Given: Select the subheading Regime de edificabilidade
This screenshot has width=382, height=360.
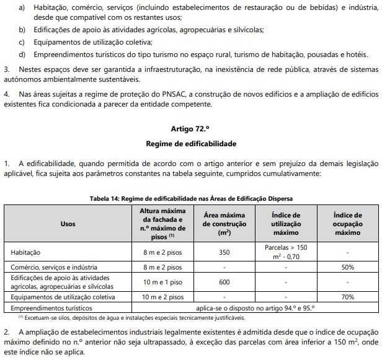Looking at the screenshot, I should click(190, 144).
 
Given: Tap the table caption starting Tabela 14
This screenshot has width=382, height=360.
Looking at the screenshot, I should click(190, 198).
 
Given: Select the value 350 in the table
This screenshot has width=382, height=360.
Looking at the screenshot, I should click(224, 252).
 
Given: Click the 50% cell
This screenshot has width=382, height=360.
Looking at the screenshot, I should click(347, 267).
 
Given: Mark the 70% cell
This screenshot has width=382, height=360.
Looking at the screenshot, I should click(347, 297).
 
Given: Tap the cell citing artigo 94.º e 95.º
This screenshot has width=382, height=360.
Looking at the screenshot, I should click(255, 307).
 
